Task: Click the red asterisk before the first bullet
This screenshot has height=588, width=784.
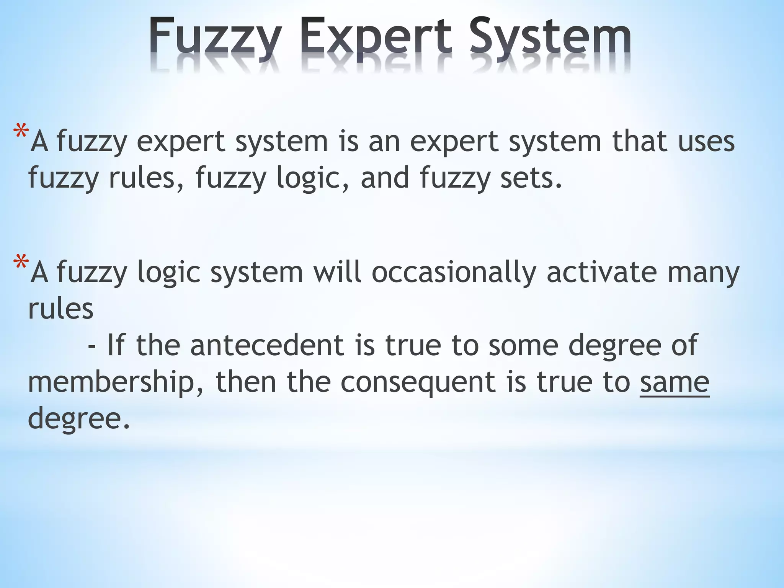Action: pyautogui.click(x=21, y=132)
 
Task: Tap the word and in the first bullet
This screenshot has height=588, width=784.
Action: pyautogui.click(x=385, y=178)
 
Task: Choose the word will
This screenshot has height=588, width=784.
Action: pyautogui.click(x=337, y=273)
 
